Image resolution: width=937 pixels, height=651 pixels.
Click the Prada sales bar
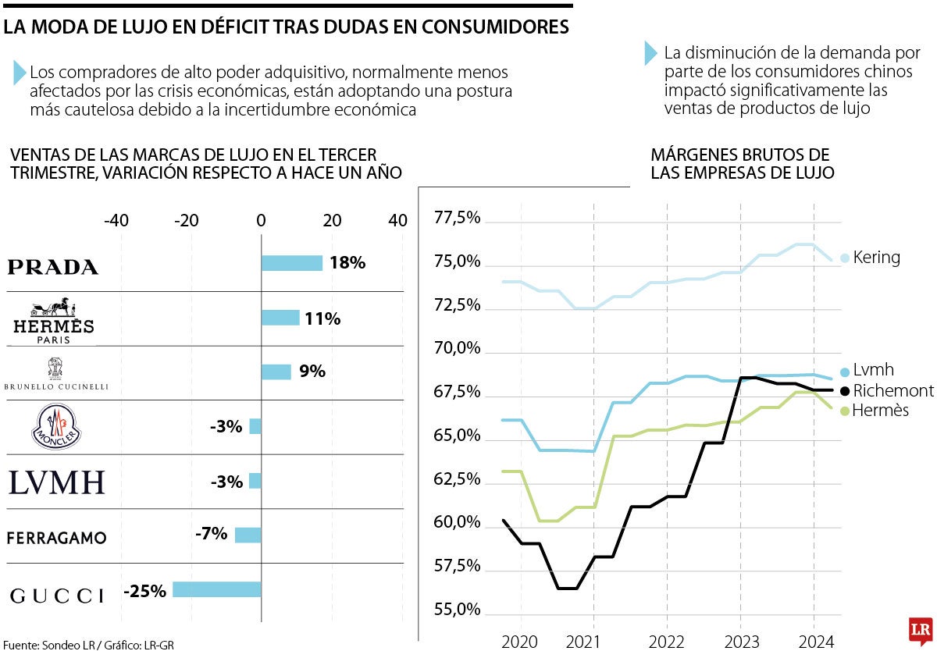click(291, 263)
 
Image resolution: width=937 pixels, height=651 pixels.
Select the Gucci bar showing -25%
click(216, 589)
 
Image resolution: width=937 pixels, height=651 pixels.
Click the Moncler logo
click(55, 426)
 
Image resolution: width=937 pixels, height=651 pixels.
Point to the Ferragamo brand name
click(56, 538)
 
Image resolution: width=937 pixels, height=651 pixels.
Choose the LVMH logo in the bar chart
click(56, 482)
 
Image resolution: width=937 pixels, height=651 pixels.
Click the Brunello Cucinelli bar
click(276, 372)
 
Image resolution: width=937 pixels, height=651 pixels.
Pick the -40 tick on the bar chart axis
click(116, 221)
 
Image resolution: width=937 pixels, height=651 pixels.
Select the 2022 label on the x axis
click(666, 642)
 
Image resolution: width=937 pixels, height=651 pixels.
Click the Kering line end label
click(876, 257)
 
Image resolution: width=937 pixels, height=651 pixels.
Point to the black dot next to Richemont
click(844, 390)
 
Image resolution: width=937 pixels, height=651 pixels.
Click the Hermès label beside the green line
click(881, 410)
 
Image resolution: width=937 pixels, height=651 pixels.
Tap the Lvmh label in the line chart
click(873, 370)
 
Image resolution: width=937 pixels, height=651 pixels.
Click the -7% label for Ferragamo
click(211, 534)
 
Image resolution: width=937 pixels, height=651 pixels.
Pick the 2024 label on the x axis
click(814, 642)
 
